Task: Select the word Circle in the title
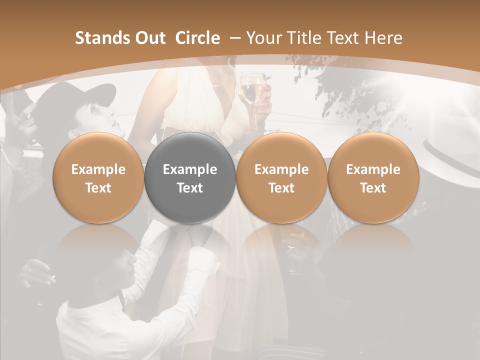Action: coord(197,38)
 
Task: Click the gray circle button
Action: coord(190,178)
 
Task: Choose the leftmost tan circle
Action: coord(98,178)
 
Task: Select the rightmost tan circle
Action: coord(373,178)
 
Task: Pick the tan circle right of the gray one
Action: coord(281,178)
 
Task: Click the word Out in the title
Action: coord(148,38)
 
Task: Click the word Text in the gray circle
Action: coord(190,188)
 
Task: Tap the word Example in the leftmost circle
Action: coord(98,169)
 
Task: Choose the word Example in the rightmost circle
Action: coord(373,169)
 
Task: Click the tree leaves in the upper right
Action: coord(345,85)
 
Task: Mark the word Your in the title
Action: coord(262,38)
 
